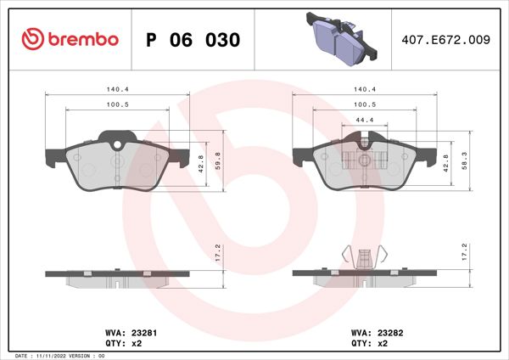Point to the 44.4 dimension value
point(365,119)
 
